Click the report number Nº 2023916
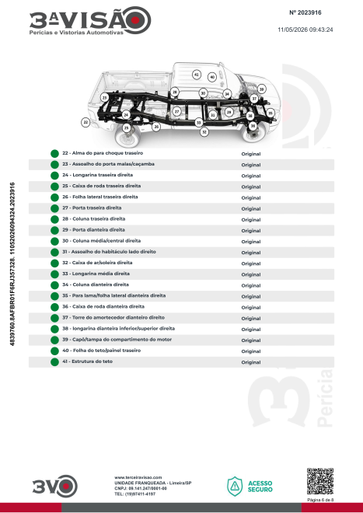305,12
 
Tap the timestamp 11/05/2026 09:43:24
305,30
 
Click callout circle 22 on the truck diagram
86,123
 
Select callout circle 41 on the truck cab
197,75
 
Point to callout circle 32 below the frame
204,132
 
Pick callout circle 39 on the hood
261,89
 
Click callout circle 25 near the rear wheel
127,128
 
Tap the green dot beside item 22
54,153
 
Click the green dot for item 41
54,362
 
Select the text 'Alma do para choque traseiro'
107,153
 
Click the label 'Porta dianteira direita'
99,229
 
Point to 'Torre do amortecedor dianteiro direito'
118,317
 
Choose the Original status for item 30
251,242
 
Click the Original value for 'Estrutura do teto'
251,362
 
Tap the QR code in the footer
320,481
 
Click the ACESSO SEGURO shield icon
235,486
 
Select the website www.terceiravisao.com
138,478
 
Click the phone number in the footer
134,494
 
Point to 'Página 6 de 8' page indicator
320,500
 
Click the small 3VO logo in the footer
55,486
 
